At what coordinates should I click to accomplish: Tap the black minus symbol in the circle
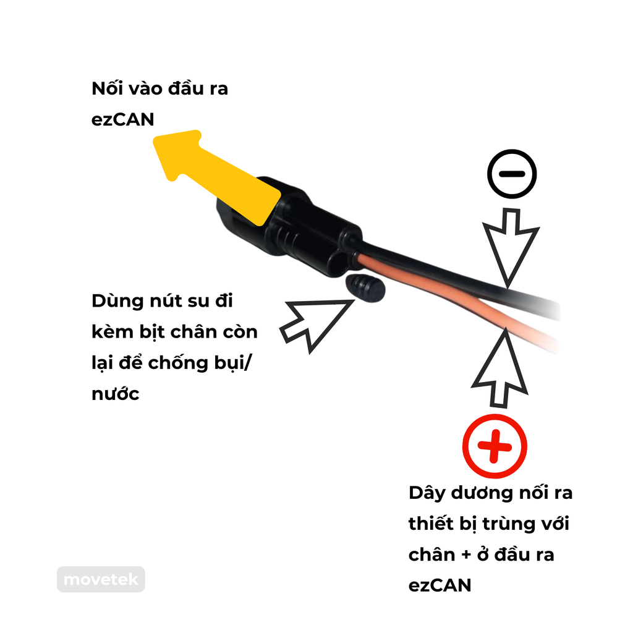coord(511,174)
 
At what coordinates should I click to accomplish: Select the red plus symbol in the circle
coord(495,446)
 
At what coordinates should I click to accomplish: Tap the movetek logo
coord(101,580)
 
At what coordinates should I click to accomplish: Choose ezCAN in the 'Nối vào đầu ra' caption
coord(122,119)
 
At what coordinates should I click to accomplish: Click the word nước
coord(116,394)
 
